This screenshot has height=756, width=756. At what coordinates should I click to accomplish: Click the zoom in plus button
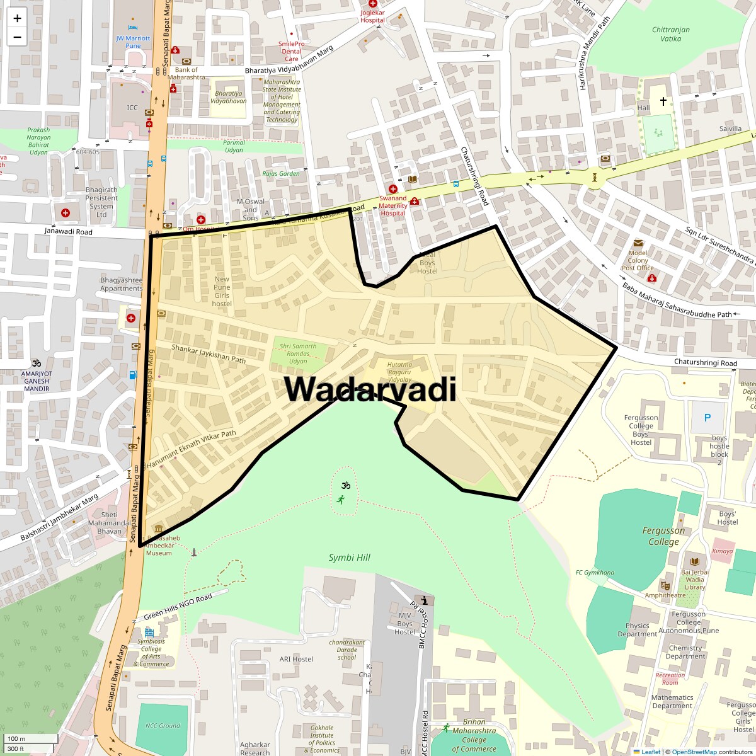(17, 18)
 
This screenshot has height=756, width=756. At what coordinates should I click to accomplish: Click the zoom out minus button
(17, 37)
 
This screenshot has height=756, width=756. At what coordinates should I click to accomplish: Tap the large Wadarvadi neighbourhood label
(370, 389)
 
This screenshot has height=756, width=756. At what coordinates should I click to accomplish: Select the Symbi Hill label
(350, 558)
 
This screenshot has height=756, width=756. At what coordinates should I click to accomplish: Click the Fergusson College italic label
(663, 536)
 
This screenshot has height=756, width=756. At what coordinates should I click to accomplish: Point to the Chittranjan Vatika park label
(670, 34)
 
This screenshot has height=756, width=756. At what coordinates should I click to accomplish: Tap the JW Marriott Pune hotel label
(133, 42)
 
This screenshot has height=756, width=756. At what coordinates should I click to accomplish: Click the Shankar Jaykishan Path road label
(209, 353)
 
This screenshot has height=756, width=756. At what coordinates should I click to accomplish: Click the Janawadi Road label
(68, 232)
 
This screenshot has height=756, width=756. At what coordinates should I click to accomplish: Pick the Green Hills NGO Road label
(178, 607)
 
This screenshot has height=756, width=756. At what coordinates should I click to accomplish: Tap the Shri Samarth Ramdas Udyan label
(298, 353)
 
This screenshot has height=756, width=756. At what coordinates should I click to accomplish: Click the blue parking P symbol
(707, 417)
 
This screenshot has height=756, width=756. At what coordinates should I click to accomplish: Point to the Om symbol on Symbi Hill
(345, 486)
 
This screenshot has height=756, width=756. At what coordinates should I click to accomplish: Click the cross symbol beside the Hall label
(663, 101)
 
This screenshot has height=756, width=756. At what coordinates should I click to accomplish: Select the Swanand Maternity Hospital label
(392, 205)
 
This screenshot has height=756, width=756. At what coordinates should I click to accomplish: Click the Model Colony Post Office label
(638, 260)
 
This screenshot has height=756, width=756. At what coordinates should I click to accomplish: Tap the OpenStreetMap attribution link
(694, 752)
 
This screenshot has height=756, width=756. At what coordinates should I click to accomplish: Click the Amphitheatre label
(665, 595)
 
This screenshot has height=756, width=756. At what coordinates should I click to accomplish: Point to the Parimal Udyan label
(234, 146)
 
